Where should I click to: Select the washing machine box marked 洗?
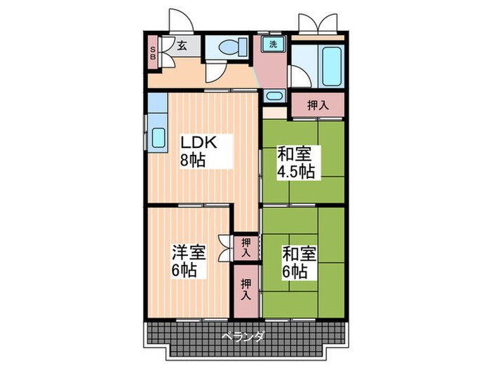(x=273, y=44)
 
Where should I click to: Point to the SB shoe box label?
(x=154, y=54)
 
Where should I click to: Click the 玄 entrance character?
(x=181, y=46)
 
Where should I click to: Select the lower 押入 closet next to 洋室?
(x=245, y=288)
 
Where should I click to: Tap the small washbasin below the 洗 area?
(x=274, y=97)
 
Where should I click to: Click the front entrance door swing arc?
(x=178, y=20)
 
